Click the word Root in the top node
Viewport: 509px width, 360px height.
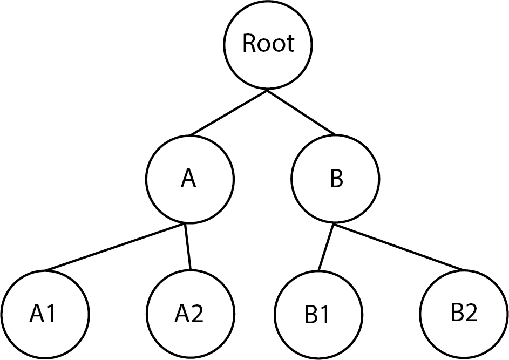pos(268,43)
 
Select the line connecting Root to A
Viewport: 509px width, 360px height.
pos(228,113)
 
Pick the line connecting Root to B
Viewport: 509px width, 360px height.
pos(301,113)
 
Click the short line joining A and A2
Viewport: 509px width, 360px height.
pos(188,247)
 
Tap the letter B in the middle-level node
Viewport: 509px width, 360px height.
pos(336,179)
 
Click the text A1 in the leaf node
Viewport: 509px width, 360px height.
pos(43,314)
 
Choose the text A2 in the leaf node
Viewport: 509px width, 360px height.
pos(190,314)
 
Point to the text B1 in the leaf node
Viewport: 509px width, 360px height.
pos(317,316)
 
